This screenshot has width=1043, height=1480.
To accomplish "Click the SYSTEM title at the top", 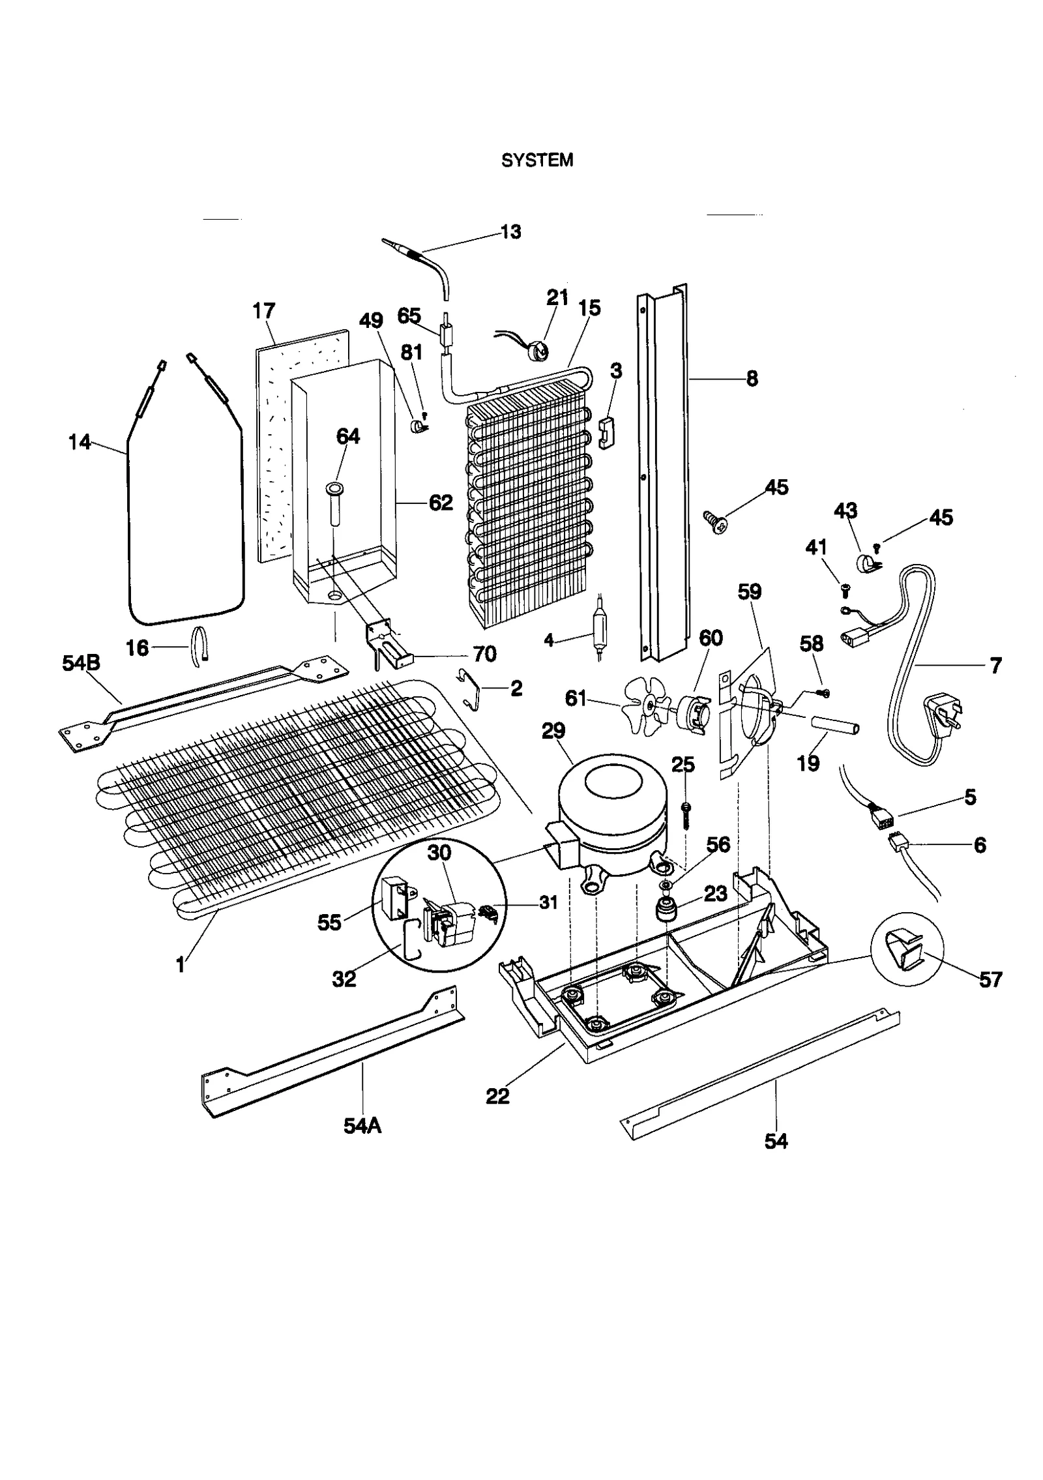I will click(x=536, y=160).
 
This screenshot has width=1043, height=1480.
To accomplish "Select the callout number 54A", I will click(x=362, y=1125).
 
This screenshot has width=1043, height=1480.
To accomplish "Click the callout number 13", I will click(x=511, y=231).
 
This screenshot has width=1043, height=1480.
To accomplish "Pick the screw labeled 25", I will click(x=686, y=814).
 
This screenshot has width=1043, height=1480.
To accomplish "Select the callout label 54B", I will click(x=81, y=664).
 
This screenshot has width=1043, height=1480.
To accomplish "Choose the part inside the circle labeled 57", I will click(x=905, y=953).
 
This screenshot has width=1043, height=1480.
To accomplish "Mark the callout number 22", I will click(x=497, y=1096).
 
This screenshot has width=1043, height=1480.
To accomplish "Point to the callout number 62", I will click(x=441, y=502).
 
